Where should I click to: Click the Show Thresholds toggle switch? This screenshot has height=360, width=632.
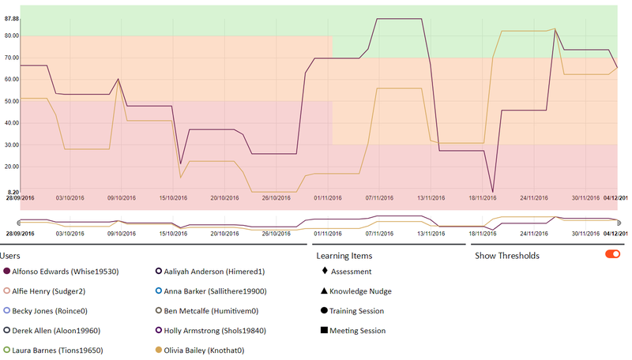[x=612, y=254]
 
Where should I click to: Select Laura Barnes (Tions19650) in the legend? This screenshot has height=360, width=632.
[x=58, y=350]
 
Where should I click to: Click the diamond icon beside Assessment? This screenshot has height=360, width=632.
[x=324, y=271]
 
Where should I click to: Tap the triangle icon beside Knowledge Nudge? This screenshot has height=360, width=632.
[x=324, y=291]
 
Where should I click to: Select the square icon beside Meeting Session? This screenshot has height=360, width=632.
[x=324, y=330]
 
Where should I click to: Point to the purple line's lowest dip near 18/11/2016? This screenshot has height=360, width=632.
[x=493, y=192]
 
